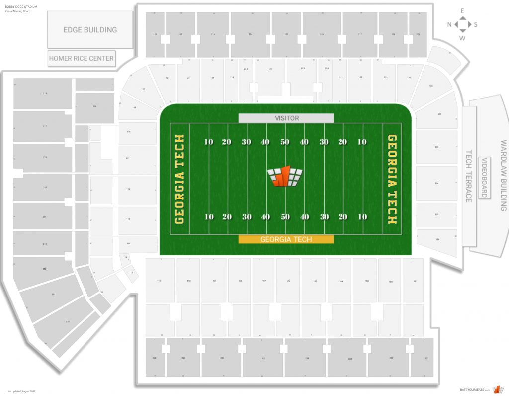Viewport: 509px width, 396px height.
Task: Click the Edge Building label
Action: coord(90,30)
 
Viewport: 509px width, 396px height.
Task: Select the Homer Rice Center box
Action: coord(82,58)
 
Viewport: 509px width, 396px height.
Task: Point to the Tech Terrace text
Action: coord(469,177)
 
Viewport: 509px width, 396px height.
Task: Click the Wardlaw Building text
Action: coord(503,176)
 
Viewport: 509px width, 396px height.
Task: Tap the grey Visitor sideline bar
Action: coord(286,118)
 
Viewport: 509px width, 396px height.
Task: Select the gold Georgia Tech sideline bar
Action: coord(286,239)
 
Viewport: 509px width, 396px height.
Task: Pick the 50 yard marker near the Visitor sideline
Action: coord(285,142)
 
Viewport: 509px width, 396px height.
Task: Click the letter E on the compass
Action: coord(462,10)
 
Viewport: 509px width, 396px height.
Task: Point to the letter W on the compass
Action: coord(462,38)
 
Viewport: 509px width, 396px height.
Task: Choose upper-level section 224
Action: coord(251,34)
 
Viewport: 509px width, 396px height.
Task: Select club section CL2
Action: coord(270,68)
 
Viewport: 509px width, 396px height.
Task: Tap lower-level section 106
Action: coord(288,281)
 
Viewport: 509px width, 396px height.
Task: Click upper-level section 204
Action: coord(307,358)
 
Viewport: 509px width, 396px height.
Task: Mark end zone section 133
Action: coord(437,147)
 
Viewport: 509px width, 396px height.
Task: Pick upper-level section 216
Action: coord(45,157)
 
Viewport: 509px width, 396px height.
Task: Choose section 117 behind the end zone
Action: coord(128,159)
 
